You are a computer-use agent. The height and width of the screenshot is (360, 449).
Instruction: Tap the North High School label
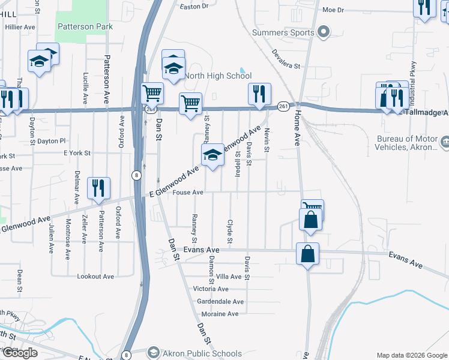click(217, 76)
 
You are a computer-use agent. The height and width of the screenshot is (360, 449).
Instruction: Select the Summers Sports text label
click(283, 32)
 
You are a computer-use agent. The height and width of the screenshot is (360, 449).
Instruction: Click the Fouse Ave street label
click(188, 193)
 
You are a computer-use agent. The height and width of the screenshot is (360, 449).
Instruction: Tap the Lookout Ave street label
click(95, 277)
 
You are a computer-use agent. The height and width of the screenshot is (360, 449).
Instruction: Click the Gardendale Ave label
click(221, 301)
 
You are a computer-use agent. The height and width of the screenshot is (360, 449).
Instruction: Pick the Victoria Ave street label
click(211, 289)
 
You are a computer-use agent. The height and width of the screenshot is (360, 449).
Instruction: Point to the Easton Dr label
click(194, 7)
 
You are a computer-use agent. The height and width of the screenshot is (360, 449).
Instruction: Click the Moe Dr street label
click(333, 10)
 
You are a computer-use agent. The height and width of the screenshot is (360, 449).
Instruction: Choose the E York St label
click(77, 154)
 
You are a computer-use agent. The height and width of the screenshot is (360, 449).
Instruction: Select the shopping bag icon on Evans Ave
click(308, 253)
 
